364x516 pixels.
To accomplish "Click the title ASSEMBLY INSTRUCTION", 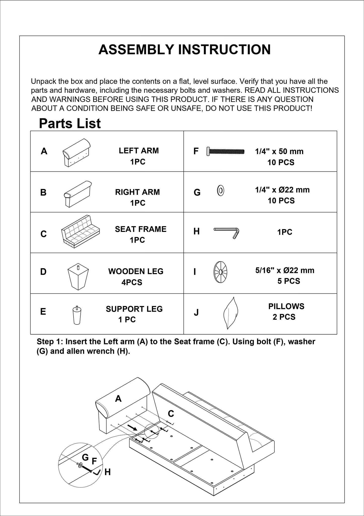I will (184, 49).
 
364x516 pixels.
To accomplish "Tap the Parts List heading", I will (70, 124).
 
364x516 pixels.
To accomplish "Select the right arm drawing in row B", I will (77, 194).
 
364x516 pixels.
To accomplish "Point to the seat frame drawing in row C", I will (80, 232).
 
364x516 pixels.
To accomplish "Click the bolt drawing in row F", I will (225, 151).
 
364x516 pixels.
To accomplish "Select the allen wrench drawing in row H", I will (226, 232).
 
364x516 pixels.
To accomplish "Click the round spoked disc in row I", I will (220, 272).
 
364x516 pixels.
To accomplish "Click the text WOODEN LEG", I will (136, 271).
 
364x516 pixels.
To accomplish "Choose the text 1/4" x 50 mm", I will (279, 151).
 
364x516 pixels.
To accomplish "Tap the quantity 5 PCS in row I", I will (289, 281).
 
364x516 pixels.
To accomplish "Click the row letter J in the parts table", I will (196, 313).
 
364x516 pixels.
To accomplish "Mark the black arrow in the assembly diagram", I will (132, 427).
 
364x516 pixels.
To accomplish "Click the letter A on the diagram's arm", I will (118, 399).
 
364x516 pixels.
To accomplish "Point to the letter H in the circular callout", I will (108, 472).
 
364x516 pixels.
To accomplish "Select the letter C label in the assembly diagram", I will (171, 414).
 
